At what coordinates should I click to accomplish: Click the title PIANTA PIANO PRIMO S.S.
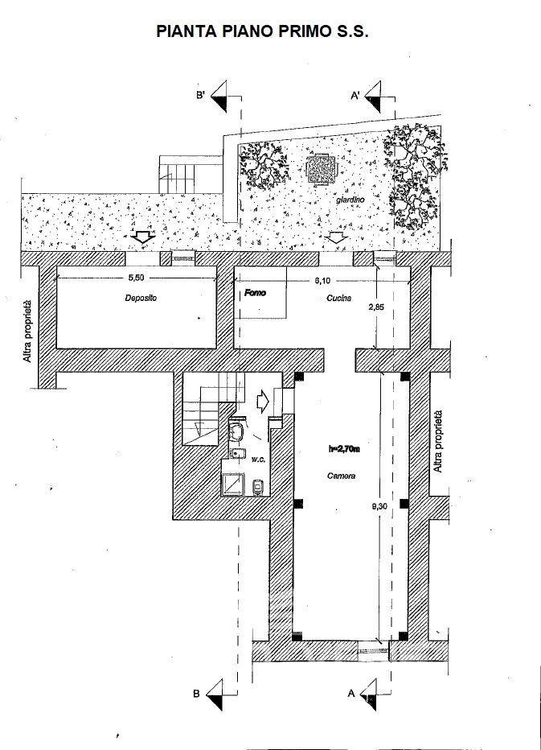(x=262, y=31)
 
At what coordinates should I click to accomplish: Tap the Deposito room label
(x=141, y=298)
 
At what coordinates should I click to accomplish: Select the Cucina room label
(x=339, y=298)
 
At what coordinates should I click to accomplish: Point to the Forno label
(x=255, y=292)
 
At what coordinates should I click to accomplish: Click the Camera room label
(x=341, y=476)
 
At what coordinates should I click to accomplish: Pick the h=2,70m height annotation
(x=344, y=449)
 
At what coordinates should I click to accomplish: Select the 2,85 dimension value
(x=376, y=307)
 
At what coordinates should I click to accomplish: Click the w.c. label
(x=258, y=459)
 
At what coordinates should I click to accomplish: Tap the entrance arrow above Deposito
(x=142, y=237)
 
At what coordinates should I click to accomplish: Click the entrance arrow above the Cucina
(x=338, y=237)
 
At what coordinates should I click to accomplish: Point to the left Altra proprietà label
(x=28, y=331)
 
